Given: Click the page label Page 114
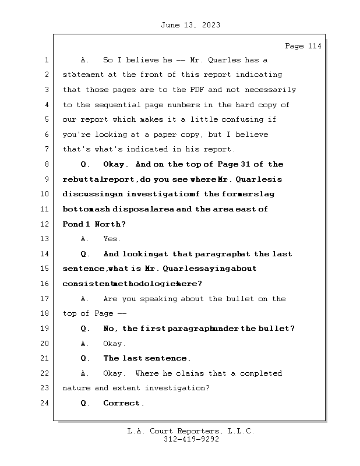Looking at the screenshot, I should pyautogui.click(x=302, y=46).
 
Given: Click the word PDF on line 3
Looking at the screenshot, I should pyautogui.click(x=196, y=90).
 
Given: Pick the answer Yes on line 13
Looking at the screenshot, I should pyautogui.click(x=111, y=239).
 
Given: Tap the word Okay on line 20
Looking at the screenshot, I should pyautogui.click(x=114, y=344).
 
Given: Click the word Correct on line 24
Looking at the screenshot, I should pyautogui.click(x=122, y=403).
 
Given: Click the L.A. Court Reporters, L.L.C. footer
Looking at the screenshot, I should pyautogui.click(x=190, y=432).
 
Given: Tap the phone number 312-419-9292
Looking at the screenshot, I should pyautogui.click(x=191, y=440).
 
